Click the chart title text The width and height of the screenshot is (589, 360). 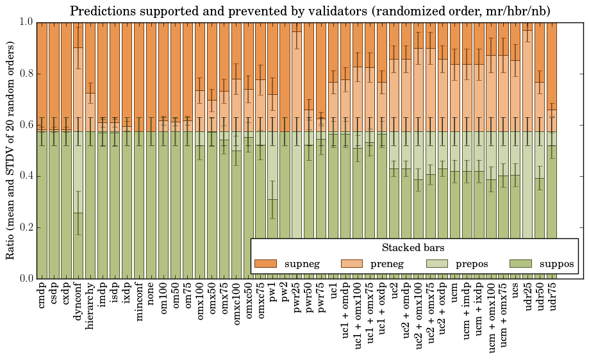[x=310, y=11]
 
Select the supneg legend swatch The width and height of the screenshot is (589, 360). [x=265, y=263]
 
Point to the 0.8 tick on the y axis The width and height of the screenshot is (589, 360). [x=24, y=74]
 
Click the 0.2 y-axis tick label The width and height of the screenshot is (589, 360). [x=24, y=227]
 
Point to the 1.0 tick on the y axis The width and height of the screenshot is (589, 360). [x=24, y=22]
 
